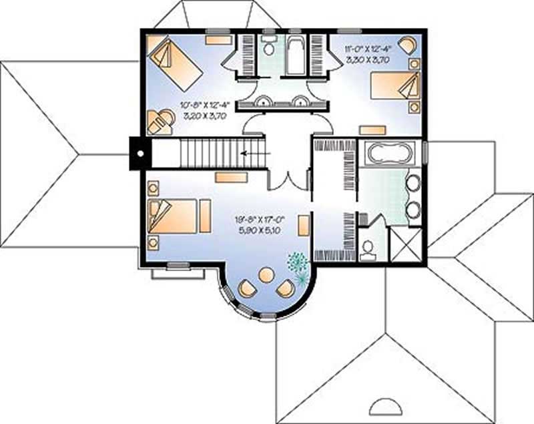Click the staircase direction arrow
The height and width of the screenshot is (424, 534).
pos(252,153)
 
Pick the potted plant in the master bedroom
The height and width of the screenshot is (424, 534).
pos(298,264)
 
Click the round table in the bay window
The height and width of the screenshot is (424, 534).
pos(266,274)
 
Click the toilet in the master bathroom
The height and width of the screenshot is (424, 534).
pos(367,248)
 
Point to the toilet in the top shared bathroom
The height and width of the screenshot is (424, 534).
pos(268,47)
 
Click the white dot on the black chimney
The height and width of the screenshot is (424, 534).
pos(140,152)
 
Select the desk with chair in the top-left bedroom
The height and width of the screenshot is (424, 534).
pos(159,122)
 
